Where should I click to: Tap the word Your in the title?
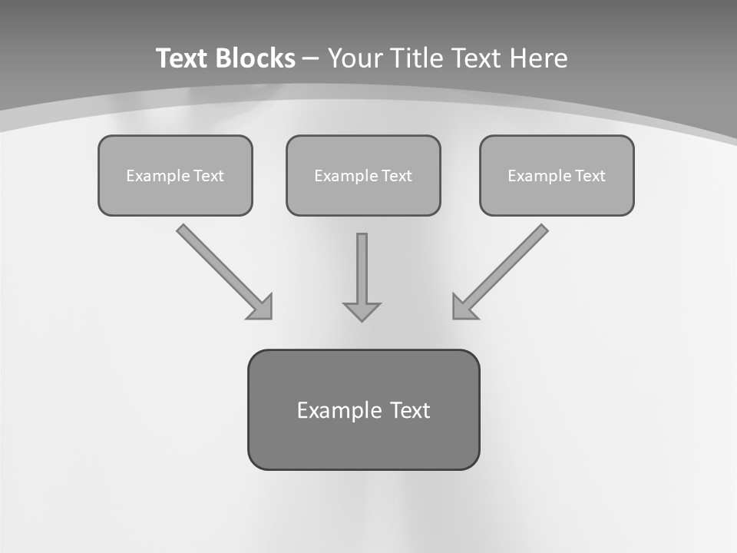(x=356, y=58)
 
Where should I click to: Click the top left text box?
(x=175, y=175)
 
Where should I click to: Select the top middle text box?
(x=363, y=175)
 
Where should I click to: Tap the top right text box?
(x=557, y=175)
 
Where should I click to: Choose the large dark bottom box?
(x=363, y=409)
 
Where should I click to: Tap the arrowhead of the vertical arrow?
(x=362, y=311)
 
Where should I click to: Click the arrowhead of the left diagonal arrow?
(x=261, y=307)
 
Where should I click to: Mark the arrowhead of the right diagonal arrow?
(x=464, y=307)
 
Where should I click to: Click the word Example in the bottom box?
(x=339, y=410)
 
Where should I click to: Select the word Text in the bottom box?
(x=410, y=410)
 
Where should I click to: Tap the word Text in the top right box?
(x=590, y=176)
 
